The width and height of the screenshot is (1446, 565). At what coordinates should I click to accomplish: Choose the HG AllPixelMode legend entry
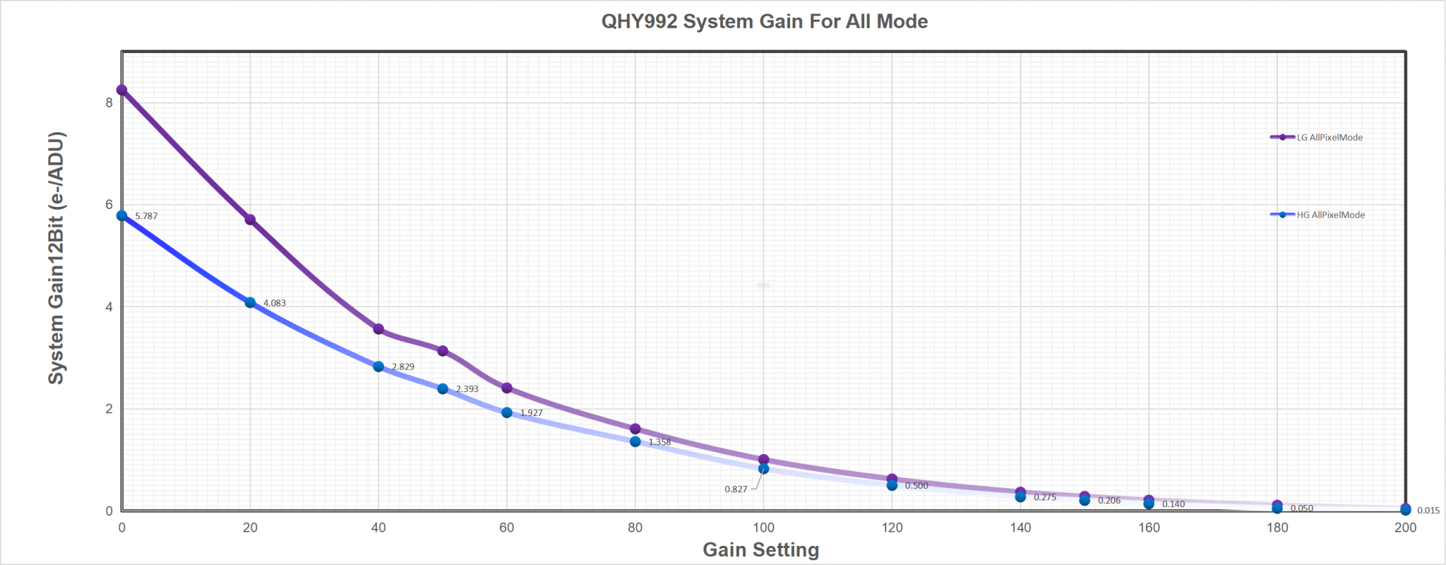point(1317,215)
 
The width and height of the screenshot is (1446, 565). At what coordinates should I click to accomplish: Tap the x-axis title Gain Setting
point(761,549)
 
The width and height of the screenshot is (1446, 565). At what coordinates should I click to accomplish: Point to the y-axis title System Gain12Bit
point(56,258)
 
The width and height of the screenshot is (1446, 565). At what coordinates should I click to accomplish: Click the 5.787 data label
point(146,216)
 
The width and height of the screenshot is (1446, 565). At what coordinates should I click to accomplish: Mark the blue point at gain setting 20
point(250,302)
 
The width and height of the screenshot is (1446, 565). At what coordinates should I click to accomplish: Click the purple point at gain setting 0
point(121,90)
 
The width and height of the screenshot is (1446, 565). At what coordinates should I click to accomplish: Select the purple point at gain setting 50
point(443,351)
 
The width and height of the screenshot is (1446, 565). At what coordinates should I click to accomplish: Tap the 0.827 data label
point(736,489)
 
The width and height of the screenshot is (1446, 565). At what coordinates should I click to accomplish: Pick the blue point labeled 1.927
point(507,412)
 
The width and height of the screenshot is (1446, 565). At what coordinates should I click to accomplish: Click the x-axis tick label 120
point(892,528)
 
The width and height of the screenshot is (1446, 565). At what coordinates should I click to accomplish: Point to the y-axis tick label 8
point(109,102)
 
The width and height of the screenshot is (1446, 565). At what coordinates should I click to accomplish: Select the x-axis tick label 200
point(1406,528)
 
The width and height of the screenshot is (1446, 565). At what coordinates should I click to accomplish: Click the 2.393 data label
point(467,389)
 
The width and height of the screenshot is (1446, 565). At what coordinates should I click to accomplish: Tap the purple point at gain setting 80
point(635,429)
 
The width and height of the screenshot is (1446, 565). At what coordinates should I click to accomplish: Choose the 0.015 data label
point(1428,511)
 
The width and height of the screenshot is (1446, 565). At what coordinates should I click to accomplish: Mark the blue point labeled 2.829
point(378,367)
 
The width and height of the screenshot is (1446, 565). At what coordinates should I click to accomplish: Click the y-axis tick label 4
point(109,307)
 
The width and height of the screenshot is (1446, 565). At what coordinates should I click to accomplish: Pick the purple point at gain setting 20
point(250,220)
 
